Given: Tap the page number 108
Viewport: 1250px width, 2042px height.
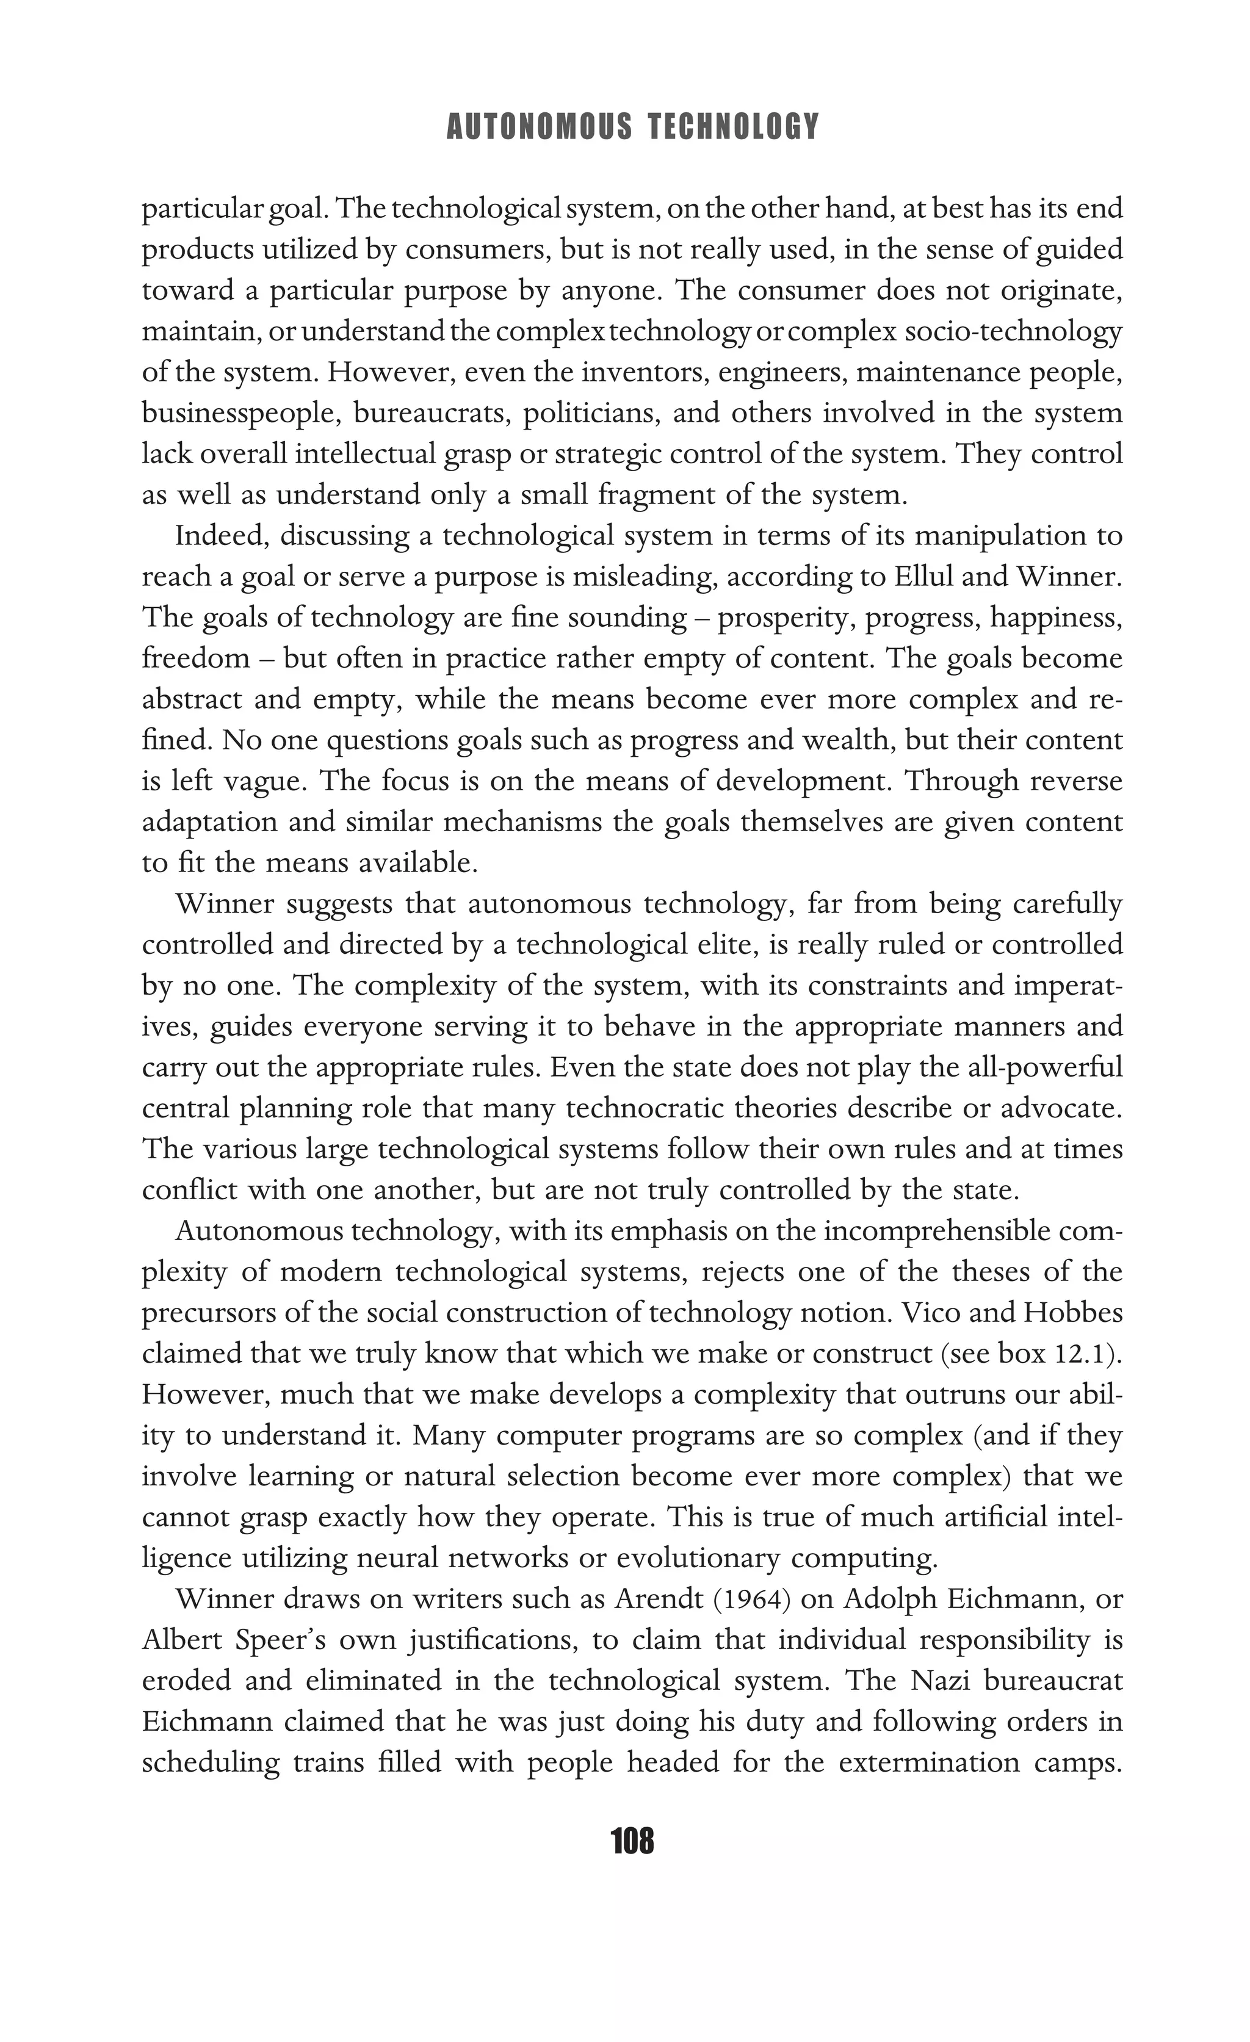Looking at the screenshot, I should (632, 1841).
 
